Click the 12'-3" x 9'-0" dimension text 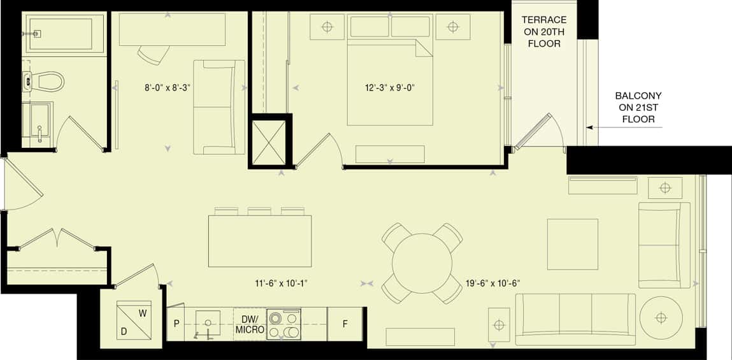[x=391, y=87]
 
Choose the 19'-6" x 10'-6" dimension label [x=493, y=283]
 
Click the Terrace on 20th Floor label [x=544, y=32]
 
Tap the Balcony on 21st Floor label [x=638, y=108]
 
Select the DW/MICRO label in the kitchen [x=250, y=324]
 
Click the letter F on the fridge [x=345, y=324]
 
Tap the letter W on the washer [x=143, y=313]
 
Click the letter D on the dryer [x=124, y=331]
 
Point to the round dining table [x=422, y=263]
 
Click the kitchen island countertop [x=260, y=241]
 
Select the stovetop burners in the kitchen [x=284, y=324]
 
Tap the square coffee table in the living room [x=572, y=244]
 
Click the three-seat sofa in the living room [x=575, y=320]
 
